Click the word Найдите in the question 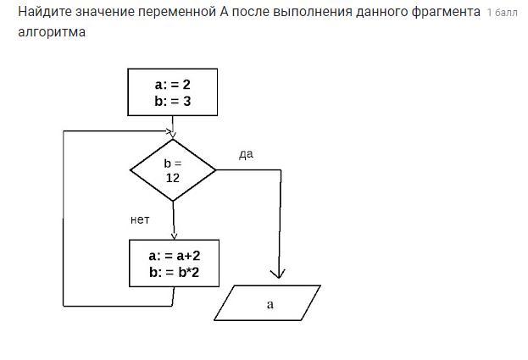pyautogui.click(x=45, y=12)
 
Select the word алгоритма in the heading pyautogui.click(x=52, y=32)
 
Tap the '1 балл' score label pyautogui.click(x=502, y=13)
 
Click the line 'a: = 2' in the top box pyautogui.click(x=173, y=85)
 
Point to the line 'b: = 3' pyautogui.click(x=173, y=101)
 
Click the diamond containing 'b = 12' pyautogui.click(x=173, y=170)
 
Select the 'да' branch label pyautogui.click(x=246, y=154)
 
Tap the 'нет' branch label pyautogui.click(x=140, y=219)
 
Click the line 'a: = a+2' pyautogui.click(x=175, y=256)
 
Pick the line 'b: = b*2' pyautogui.click(x=175, y=272)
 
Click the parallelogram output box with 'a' pyautogui.click(x=267, y=302)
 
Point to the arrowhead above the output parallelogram pyautogui.click(x=278, y=274)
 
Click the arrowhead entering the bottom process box pyautogui.click(x=174, y=235)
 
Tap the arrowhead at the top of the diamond pyautogui.click(x=172, y=135)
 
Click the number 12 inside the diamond pyautogui.click(x=173, y=178)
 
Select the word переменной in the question pyautogui.click(x=177, y=12)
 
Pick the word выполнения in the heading pyautogui.click(x=313, y=12)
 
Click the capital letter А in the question pyautogui.click(x=225, y=12)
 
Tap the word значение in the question pyautogui.click(x=105, y=12)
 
